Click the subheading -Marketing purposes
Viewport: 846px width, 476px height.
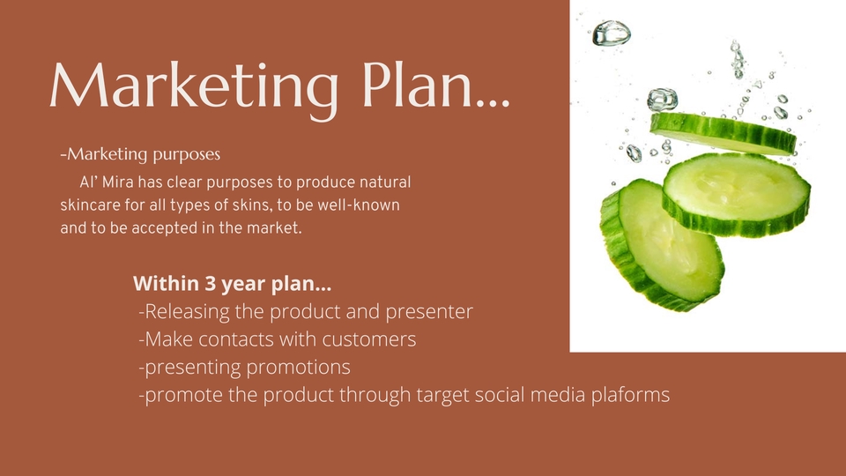140,154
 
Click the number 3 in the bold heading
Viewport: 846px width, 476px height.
210,283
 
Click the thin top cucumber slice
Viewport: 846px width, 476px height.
723,133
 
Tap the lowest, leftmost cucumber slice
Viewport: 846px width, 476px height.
662,246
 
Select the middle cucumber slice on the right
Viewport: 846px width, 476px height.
737,194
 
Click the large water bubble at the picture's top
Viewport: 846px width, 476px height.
612,33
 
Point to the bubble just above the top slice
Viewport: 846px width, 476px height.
662,100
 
